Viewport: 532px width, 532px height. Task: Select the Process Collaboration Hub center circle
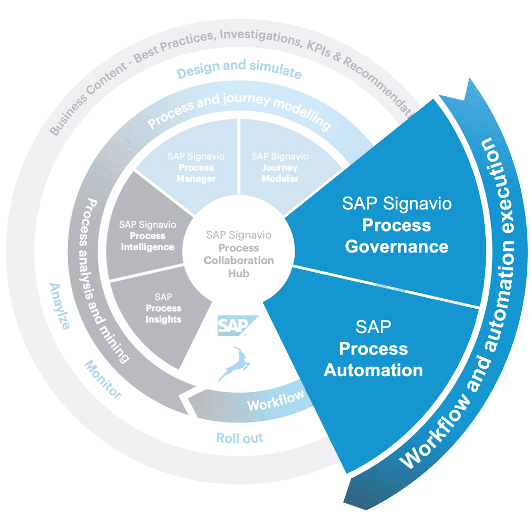239,254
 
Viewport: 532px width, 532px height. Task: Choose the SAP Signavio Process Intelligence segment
147,235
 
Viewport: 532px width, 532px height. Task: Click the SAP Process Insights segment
163,308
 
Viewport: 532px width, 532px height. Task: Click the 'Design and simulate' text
239,69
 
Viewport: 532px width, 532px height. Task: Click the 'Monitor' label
103,379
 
